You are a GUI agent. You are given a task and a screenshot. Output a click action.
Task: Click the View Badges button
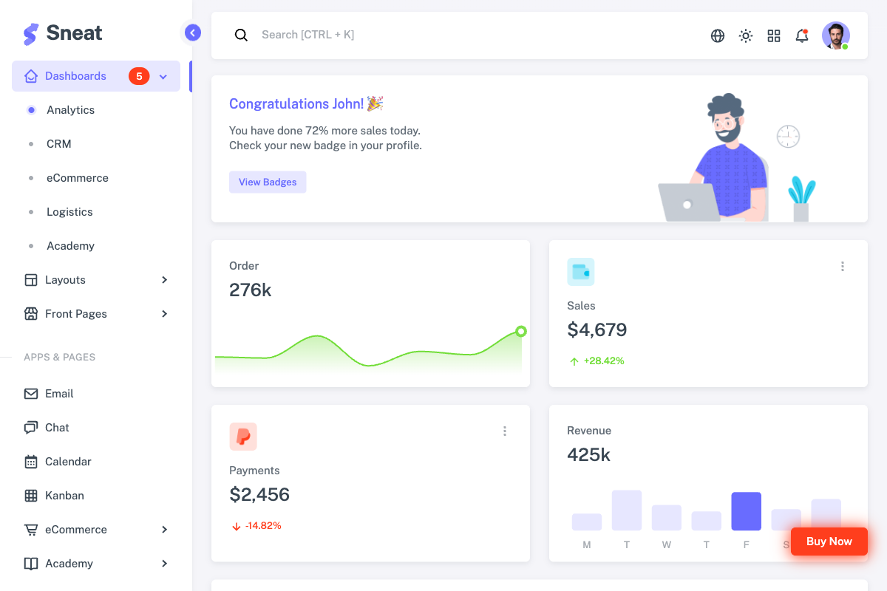point(268,182)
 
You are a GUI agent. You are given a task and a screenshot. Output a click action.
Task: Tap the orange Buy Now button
point(829,542)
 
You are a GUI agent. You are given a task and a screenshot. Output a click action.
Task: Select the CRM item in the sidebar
point(59,144)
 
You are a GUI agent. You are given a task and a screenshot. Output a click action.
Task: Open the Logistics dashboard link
point(69,212)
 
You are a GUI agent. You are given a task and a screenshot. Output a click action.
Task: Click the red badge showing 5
point(139,76)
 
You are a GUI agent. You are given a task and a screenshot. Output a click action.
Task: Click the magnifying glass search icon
point(241,35)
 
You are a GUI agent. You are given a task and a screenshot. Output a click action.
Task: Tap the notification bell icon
point(801,35)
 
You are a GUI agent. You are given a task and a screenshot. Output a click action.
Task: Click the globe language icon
point(717,35)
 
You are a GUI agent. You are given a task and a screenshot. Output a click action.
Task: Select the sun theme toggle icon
point(746,35)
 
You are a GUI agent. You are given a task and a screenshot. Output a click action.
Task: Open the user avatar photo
point(835,35)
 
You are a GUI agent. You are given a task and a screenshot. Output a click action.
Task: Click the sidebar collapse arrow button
point(193,33)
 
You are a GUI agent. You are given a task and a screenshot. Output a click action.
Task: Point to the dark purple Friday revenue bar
point(746,511)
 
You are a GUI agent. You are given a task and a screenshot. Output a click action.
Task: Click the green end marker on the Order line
point(521,332)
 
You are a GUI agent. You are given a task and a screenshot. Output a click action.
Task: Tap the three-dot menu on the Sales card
point(842,267)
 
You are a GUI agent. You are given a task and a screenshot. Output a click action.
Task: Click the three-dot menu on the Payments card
point(505,431)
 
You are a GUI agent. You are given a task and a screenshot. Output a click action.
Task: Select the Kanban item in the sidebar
point(64,496)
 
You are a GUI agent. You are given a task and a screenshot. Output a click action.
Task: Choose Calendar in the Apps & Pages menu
point(68,462)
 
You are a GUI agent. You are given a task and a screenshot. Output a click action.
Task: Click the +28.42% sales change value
point(603,361)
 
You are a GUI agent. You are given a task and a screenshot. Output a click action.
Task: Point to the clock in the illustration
point(788,136)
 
